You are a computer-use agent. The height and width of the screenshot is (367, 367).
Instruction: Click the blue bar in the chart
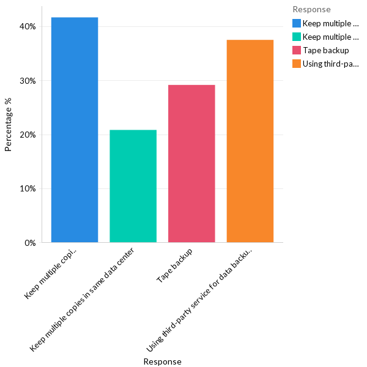pyautogui.click(x=75, y=130)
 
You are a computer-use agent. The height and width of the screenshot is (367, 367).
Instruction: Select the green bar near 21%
pyautogui.click(x=133, y=186)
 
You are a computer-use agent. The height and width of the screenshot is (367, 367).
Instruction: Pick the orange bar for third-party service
pyautogui.click(x=250, y=141)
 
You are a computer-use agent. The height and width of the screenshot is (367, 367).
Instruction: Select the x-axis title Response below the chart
pyautogui.click(x=163, y=361)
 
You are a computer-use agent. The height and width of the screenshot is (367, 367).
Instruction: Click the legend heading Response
pyautogui.click(x=311, y=9)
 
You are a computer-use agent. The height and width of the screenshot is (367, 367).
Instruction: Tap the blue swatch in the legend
pyautogui.click(x=297, y=24)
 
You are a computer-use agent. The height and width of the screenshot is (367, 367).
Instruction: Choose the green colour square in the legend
pyautogui.click(x=297, y=37)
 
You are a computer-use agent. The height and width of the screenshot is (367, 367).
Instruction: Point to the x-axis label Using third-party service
pyautogui.click(x=202, y=297)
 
